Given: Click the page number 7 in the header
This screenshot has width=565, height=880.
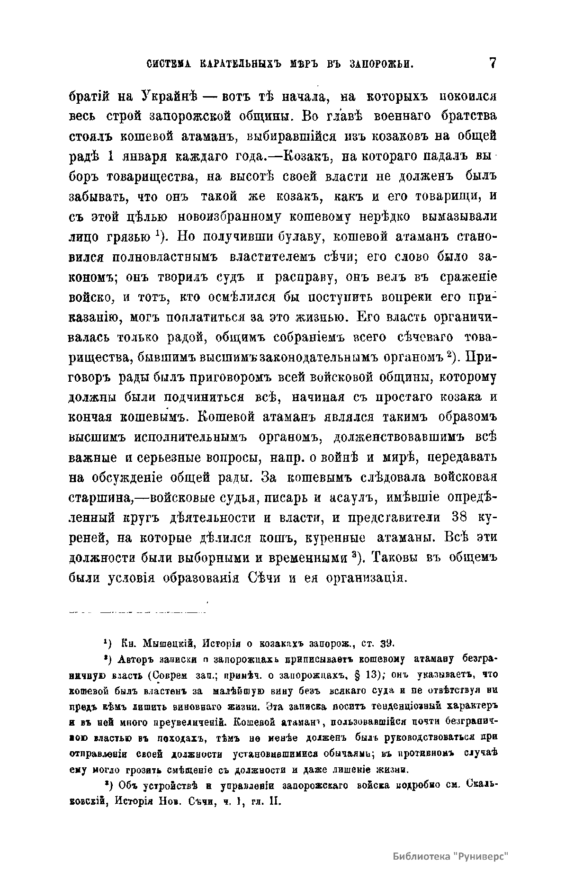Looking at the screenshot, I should click(x=492, y=63).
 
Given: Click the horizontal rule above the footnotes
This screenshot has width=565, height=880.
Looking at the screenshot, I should click(x=137, y=612).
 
